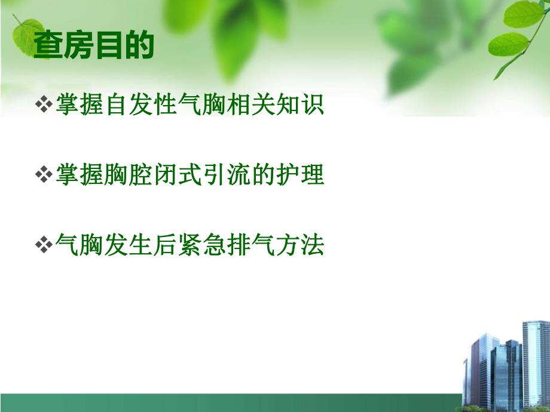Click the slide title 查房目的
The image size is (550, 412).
[x=94, y=45]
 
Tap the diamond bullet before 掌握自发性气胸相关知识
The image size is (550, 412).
[x=44, y=106]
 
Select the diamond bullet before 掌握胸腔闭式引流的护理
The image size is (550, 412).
[x=44, y=176]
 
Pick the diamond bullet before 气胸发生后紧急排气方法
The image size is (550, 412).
[x=44, y=245]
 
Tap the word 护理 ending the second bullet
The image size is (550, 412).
[x=304, y=176]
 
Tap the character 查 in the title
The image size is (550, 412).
[x=48, y=45]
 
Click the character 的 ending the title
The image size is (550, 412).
[x=139, y=45]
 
